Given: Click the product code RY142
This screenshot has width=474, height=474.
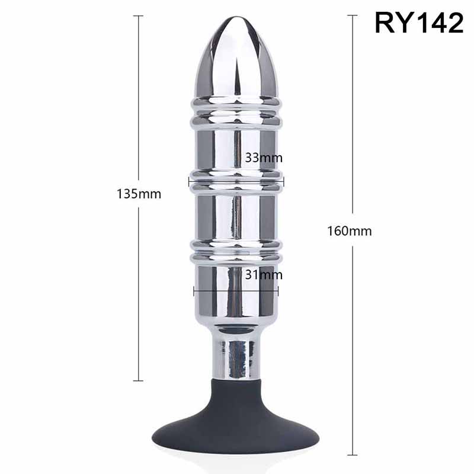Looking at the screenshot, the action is [x=419, y=23].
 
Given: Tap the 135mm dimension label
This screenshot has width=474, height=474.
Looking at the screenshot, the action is [x=139, y=194].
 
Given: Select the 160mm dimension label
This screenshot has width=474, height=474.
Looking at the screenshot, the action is [x=350, y=231].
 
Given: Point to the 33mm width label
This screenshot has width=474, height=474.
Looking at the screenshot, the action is [x=264, y=158].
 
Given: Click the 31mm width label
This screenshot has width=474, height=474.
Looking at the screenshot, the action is [x=264, y=274].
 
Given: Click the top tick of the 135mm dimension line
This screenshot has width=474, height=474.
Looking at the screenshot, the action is [x=138, y=16].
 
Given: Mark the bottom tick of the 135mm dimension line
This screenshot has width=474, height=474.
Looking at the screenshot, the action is [x=138, y=380].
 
